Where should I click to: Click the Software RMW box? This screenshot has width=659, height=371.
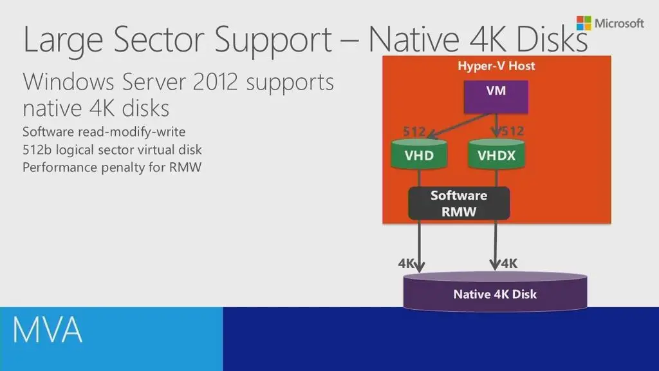[458, 203]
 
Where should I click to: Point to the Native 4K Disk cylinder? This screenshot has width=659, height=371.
[495, 294]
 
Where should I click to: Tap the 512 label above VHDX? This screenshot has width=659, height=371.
[513, 131]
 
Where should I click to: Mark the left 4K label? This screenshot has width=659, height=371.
[406, 263]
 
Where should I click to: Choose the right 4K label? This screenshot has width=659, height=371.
[509, 263]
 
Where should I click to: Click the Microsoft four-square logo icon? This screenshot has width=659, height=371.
[584, 24]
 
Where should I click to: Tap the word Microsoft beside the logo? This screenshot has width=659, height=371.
[619, 24]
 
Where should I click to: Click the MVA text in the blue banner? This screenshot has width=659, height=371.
[48, 330]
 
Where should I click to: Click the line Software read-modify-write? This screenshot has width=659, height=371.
[104, 132]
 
